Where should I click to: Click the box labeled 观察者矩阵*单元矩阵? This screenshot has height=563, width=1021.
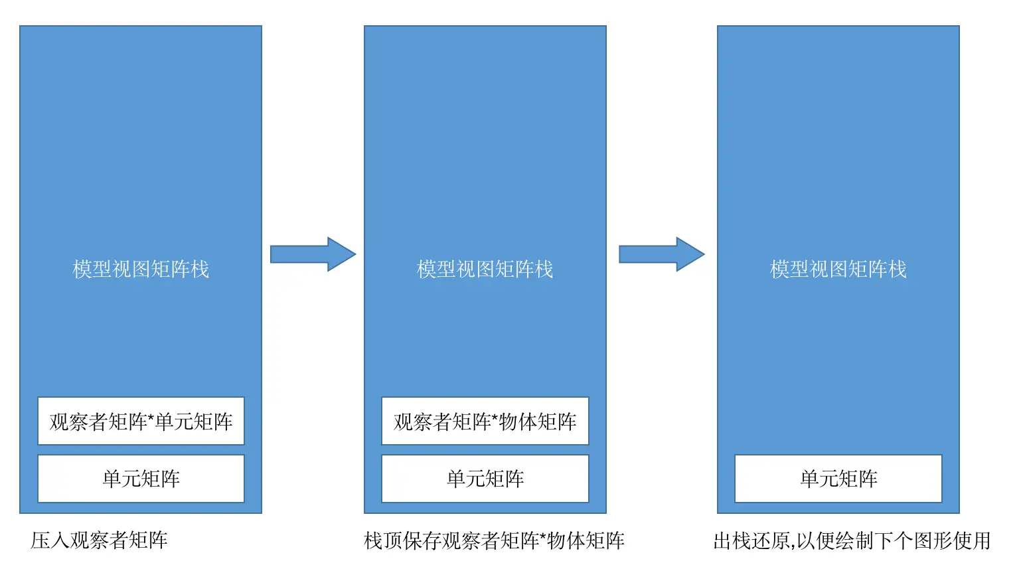coord(141,421)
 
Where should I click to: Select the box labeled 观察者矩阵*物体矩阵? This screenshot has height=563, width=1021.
coord(485,421)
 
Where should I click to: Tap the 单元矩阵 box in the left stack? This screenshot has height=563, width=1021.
coord(141,479)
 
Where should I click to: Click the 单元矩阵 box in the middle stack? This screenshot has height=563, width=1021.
coord(485,479)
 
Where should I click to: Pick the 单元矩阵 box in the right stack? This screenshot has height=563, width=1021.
coord(838,479)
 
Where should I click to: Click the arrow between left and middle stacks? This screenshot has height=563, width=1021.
coord(313,254)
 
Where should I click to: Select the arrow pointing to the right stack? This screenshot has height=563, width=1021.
coord(661,254)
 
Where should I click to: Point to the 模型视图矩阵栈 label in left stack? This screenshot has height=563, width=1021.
coord(141,269)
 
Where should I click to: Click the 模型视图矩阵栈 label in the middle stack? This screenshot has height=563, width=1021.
coord(485,269)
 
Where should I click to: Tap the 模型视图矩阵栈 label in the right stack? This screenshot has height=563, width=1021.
coord(838,269)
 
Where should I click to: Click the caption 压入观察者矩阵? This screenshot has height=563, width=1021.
coord(99,540)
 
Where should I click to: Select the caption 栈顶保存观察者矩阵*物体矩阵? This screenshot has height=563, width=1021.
coord(494,540)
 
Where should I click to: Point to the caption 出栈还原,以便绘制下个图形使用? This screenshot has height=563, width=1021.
coord(852,540)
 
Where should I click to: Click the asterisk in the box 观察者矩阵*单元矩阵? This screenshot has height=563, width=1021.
coord(151,418)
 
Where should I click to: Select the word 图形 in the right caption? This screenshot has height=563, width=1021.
coord(933,540)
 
